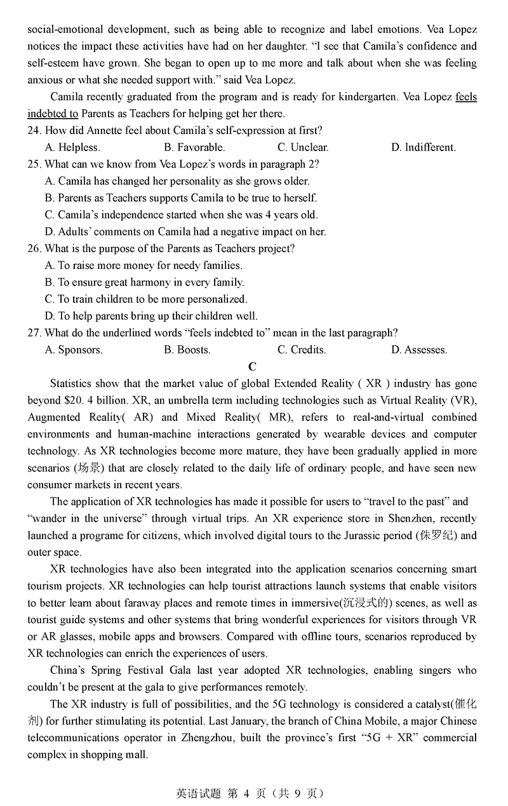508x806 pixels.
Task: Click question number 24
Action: coord(34,131)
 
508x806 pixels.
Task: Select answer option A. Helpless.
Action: coord(72,147)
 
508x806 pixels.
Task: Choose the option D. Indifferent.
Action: coord(423,147)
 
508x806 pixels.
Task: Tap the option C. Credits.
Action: coord(302,350)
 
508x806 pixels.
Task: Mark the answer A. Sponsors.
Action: coord(74,350)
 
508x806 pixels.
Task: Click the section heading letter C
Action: coord(253,367)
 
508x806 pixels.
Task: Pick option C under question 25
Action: coord(181,215)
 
